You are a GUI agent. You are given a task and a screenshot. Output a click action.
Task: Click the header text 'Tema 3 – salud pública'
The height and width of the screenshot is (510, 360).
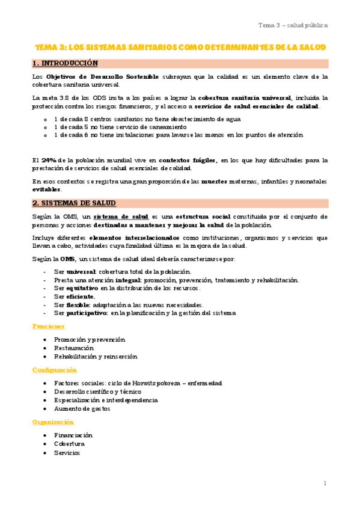pos(293,25)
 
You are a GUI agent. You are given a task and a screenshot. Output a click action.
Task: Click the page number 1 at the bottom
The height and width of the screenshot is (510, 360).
pos(325,483)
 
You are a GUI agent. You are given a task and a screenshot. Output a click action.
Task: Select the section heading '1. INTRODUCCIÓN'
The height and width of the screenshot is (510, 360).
pos(64,63)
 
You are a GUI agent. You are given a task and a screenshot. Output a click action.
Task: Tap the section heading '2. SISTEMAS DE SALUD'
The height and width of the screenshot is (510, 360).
pos(74,203)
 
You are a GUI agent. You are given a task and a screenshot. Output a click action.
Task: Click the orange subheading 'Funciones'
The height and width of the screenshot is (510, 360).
pos(48,327)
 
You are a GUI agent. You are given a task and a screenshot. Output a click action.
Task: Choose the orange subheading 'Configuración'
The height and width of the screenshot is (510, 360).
pos(54,370)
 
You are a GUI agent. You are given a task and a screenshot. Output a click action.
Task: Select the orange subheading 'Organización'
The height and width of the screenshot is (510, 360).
pos(53,422)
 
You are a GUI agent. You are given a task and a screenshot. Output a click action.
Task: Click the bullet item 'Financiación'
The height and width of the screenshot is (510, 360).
pos(73,435)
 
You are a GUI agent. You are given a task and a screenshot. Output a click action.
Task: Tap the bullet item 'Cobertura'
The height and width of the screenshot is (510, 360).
pos(69,444)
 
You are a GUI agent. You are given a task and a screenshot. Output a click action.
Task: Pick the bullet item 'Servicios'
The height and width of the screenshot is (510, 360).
pos(67,453)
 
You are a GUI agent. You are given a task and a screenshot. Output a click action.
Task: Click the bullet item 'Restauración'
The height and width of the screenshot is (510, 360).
pos(73,348)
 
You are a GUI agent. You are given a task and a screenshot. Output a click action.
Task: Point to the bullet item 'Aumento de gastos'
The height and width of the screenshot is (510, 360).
pos(82,409)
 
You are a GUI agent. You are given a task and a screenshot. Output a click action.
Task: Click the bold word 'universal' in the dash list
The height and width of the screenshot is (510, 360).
pos(81,272)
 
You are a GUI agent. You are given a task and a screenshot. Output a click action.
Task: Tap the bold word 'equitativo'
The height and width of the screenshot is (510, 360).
pos(82,288)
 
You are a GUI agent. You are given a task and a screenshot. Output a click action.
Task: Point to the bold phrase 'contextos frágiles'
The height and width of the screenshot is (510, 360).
pos(188,160)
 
